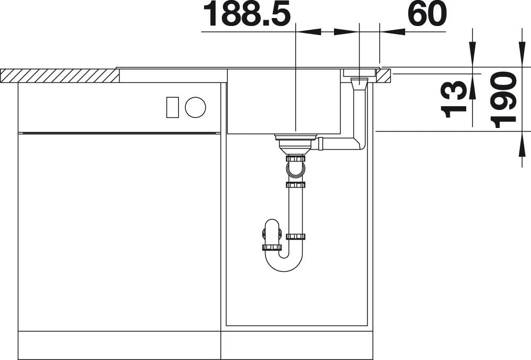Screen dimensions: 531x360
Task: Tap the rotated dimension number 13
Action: point(453,99)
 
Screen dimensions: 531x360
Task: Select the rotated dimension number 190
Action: point(503,100)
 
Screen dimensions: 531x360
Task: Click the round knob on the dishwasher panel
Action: point(195,107)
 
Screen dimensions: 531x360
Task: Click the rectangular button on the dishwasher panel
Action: point(173,107)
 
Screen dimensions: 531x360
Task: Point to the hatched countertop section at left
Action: point(59,76)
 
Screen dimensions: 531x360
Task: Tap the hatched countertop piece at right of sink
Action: point(383,76)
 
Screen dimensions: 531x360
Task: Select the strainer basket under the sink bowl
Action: point(295,143)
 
